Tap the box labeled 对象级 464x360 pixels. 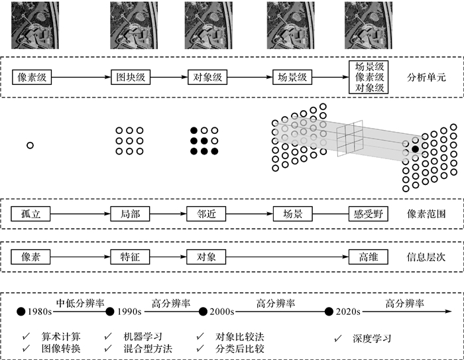pyautogui.click(x=207, y=78)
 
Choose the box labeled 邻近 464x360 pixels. pyautogui.click(x=207, y=215)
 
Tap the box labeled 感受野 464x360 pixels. pyautogui.click(x=368, y=215)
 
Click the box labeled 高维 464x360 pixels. pyautogui.click(x=368, y=257)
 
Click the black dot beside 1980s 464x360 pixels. pyautogui.click(x=21, y=310)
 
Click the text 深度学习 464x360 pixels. pyautogui.click(x=373, y=338)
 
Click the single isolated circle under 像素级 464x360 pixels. pyautogui.click(x=30, y=145)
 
